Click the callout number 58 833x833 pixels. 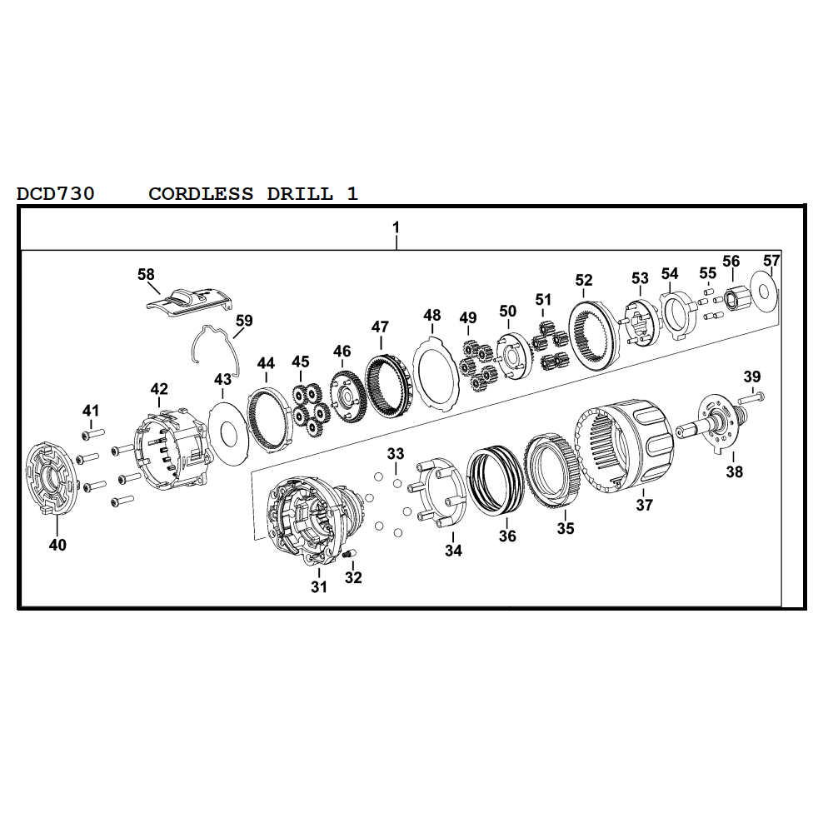pyautogui.click(x=146, y=274)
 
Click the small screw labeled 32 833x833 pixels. pyautogui.click(x=349, y=554)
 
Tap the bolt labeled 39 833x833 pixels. pyautogui.click(x=751, y=397)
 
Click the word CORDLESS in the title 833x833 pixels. pyautogui.click(x=201, y=193)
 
